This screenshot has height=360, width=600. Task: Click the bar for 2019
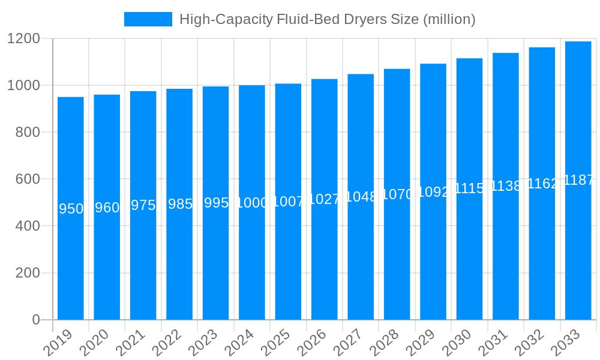[x=71, y=208]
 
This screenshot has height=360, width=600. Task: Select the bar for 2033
[x=578, y=181]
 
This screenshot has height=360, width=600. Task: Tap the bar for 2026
[x=325, y=199]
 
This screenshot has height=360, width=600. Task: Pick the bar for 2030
[x=469, y=189]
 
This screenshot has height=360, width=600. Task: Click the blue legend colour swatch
[x=148, y=19]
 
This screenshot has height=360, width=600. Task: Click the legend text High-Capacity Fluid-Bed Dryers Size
[x=327, y=19]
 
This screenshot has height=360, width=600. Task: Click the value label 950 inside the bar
[x=71, y=209]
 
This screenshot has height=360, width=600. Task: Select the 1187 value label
[x=578, y=180]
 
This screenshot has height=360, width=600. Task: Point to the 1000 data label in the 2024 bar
[x=252, y=203]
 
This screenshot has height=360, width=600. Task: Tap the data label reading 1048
[x=361, y=197]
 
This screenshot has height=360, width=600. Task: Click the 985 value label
[x=179, y=204]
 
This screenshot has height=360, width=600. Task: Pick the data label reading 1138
[x=506, y=186]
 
